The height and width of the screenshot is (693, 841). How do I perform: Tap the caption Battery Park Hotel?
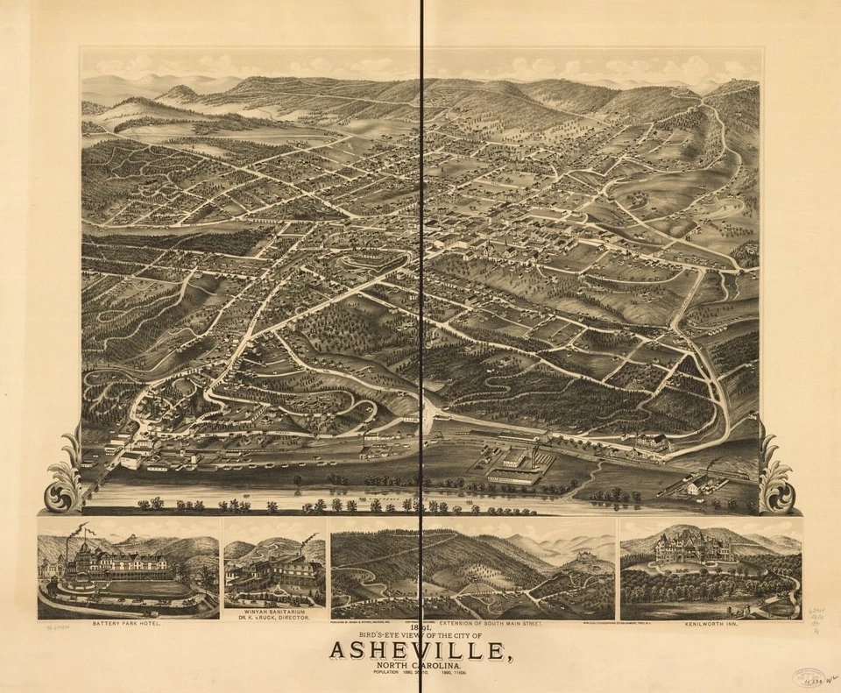pyautogui.click(x=128, y=626)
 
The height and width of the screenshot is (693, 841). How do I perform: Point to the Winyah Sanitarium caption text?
pyautogui.click(x=274, y=614)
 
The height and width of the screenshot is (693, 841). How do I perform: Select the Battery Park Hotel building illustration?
pyautogui.click(x=123, y=562)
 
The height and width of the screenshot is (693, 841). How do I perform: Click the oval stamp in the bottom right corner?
pyautogui.click(x=807, y=678)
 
